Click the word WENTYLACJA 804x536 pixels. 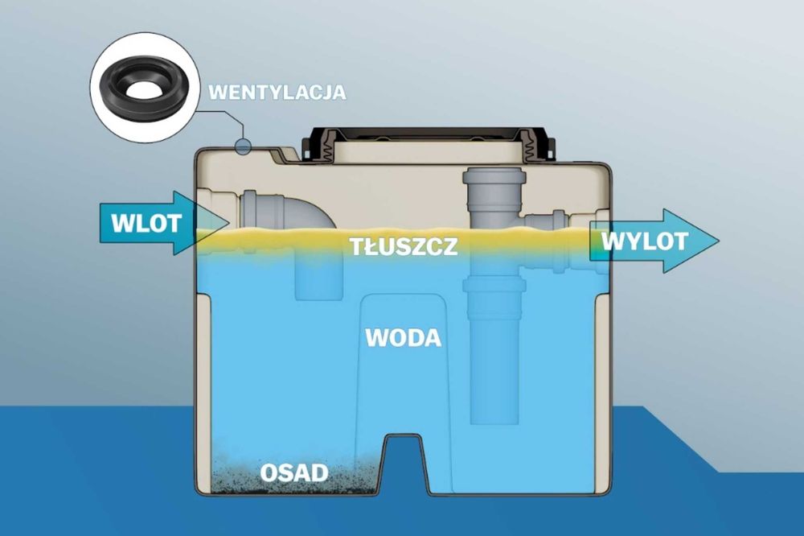coord(277,92)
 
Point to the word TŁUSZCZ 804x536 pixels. coord(404,246)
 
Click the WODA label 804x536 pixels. coord(404,338)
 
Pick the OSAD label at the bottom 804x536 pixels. coord(293,472)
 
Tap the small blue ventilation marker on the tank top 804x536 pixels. coord(242,146)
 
